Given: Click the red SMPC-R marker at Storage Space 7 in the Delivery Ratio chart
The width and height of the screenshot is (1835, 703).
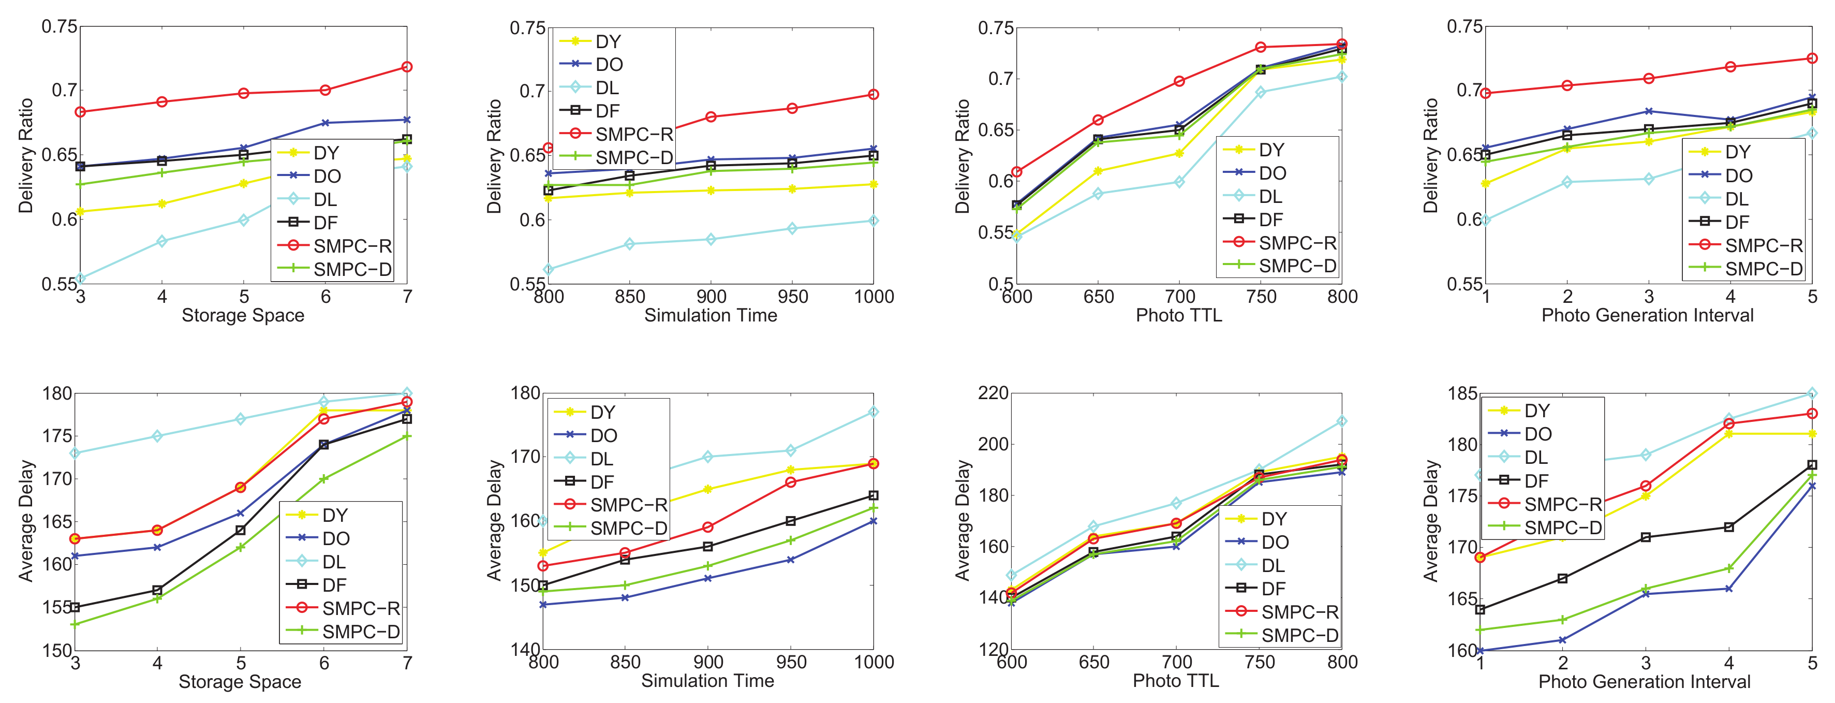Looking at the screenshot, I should tap(407, 67).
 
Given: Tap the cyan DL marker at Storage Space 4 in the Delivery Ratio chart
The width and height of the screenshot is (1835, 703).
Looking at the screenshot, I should tap(161, 241).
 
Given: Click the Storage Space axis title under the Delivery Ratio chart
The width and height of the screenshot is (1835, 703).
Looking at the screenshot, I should tap(243, 316).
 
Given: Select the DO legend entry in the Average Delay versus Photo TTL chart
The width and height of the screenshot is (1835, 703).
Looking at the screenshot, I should tap(1275, 542).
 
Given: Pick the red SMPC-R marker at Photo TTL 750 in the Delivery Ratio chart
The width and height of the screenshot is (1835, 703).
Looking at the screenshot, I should tap(1260, 48).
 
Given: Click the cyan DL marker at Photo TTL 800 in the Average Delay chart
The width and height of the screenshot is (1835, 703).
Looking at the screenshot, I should tap(1341, 422).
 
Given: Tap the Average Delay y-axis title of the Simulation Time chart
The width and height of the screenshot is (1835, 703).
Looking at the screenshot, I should tap(494, 520).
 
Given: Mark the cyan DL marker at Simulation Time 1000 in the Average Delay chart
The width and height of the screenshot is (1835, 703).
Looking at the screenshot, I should tap(874, 413).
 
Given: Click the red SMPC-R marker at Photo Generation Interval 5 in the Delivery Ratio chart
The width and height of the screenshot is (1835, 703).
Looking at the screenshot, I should tap(1812, 58).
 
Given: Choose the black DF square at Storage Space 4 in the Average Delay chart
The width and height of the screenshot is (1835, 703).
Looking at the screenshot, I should tap(157, 591).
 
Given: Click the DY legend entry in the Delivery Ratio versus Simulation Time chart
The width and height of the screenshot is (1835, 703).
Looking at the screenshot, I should tap(608, 41).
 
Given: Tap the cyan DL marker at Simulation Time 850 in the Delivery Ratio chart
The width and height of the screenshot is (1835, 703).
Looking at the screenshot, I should tap(629, 244).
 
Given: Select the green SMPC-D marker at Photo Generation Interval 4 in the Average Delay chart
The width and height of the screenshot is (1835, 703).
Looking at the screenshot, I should tap(1729, 568).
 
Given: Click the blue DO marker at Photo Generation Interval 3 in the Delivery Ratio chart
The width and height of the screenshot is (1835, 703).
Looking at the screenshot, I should tap(1648, 111).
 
